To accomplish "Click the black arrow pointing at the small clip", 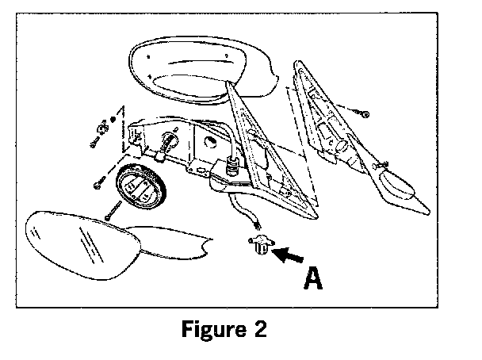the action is [x=289, y=255].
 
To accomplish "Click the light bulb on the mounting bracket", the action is [x=170, y=144].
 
